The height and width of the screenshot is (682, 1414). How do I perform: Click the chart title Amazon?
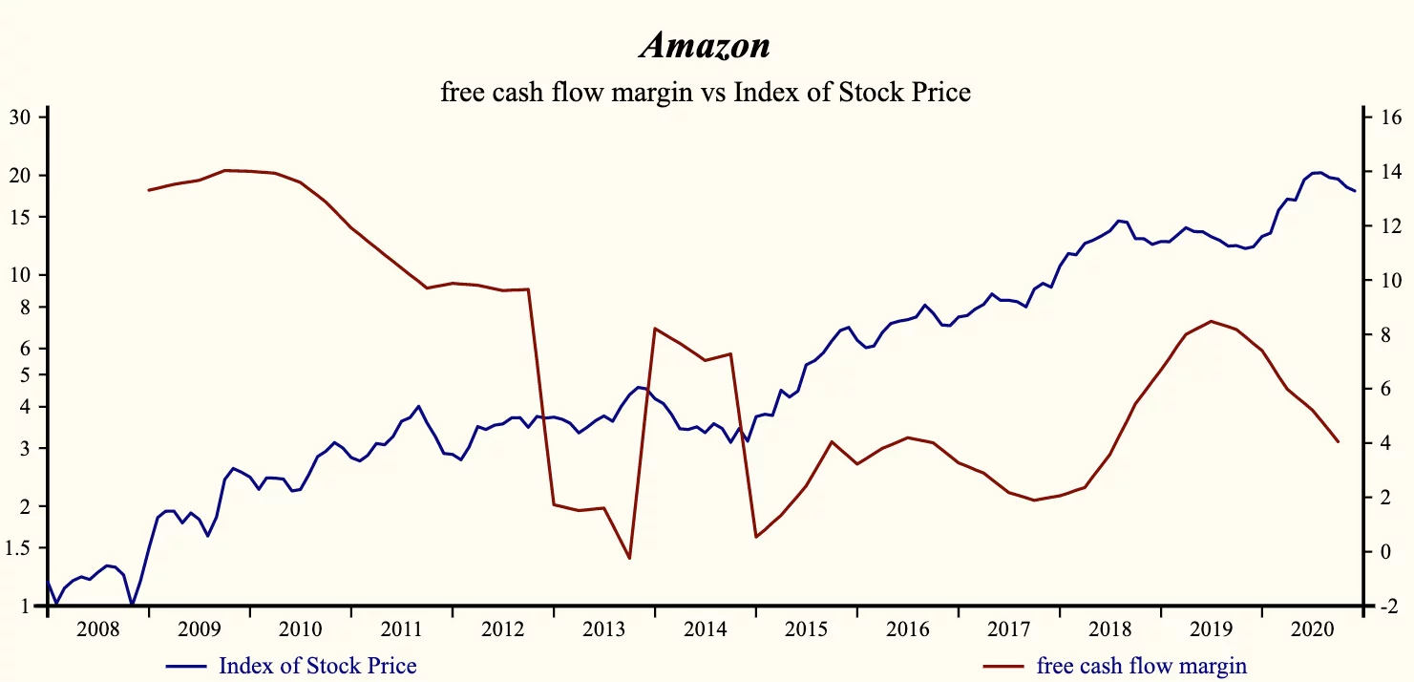pos(706,44)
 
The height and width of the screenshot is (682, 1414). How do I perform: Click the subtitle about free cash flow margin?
pos(706,92)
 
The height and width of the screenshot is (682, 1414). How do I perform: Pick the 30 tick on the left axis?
pos(21,117)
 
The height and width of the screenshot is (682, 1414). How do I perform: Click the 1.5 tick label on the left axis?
pos(19,547)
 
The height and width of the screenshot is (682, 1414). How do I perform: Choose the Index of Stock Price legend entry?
pos(317,665)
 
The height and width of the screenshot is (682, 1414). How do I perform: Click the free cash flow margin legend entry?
pos(1141,665)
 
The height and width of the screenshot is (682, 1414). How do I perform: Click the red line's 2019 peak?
pos(1212,321)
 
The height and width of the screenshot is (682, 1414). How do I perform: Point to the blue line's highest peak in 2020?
pos(1318,173)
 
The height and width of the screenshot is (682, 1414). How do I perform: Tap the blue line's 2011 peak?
pos(419,406)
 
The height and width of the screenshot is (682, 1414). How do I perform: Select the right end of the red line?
pos(1339,441)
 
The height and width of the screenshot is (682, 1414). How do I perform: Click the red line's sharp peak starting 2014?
pos(654,329)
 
